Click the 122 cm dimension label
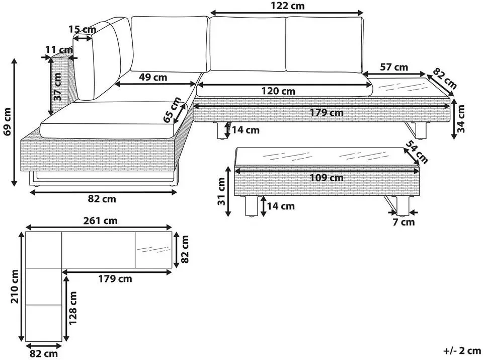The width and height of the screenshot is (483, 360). click(x=287, y=6)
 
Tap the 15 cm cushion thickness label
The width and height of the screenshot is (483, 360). click(x=82, y=30)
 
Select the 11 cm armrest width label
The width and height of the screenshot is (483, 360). click(x=59, y=50)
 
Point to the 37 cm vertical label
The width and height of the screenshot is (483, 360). click(x=57, y=87)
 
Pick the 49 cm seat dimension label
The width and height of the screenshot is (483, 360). click(x=153, y=77)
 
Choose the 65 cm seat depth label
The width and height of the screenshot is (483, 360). click(x=172, y=110)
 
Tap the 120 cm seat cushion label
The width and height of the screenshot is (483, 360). click(x=278, y=91)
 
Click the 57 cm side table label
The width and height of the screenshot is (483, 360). click(x=394, y=67)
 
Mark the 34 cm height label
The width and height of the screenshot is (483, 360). click(x=460, y=119)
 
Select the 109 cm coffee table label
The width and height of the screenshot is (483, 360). click(x=327, y=178)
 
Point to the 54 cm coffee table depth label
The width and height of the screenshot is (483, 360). click(x=417, y=152)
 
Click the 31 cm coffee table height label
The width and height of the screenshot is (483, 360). click(x=221, y=192)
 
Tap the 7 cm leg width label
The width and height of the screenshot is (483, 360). click(x=404, y=222)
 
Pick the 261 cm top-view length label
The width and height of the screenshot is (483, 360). click(x=101, y=221)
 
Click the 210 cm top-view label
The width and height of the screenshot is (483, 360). click(x=15, y=286)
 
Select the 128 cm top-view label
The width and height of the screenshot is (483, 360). click(x=72, y=308)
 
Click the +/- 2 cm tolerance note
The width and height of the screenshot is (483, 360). click(x=462, y=351)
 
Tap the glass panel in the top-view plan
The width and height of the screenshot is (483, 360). click(x=153, y=250)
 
